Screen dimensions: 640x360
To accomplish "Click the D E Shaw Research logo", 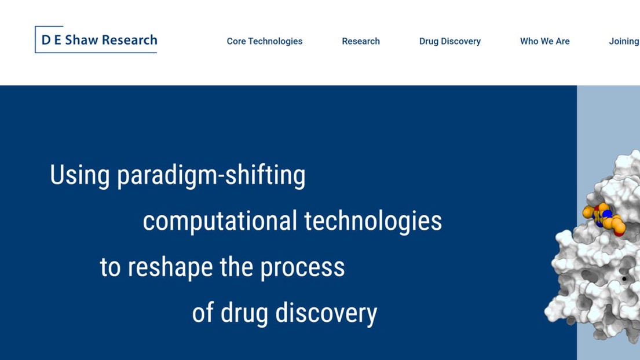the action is point(96,39).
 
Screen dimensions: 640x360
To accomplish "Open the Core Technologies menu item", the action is point(265,41).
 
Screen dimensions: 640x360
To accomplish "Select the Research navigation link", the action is point(361,41).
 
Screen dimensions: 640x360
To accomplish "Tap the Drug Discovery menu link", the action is point(450,41).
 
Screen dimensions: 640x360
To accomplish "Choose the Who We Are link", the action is point(544,41).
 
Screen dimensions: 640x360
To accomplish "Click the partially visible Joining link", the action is point(624,42).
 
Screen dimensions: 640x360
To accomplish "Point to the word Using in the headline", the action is point(79,175).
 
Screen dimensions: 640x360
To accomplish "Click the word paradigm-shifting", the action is point(211,175).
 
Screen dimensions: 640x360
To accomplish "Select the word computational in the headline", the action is point(220,221).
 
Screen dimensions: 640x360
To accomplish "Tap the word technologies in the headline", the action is point(373,221).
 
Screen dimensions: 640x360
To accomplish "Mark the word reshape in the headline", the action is point(170,267).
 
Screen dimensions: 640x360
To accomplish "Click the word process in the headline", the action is point(302,268).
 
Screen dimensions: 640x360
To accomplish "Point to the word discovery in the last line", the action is point(326,314).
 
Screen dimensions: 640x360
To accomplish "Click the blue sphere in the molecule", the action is point(607,214).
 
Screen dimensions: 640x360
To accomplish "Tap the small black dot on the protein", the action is point(624,279).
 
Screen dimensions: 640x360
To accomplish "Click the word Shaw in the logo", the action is point(82,40).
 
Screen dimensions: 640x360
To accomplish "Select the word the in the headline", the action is point(236,267).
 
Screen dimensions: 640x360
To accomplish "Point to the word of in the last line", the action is point(203,313).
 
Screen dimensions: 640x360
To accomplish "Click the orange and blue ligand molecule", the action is point(605,219).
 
